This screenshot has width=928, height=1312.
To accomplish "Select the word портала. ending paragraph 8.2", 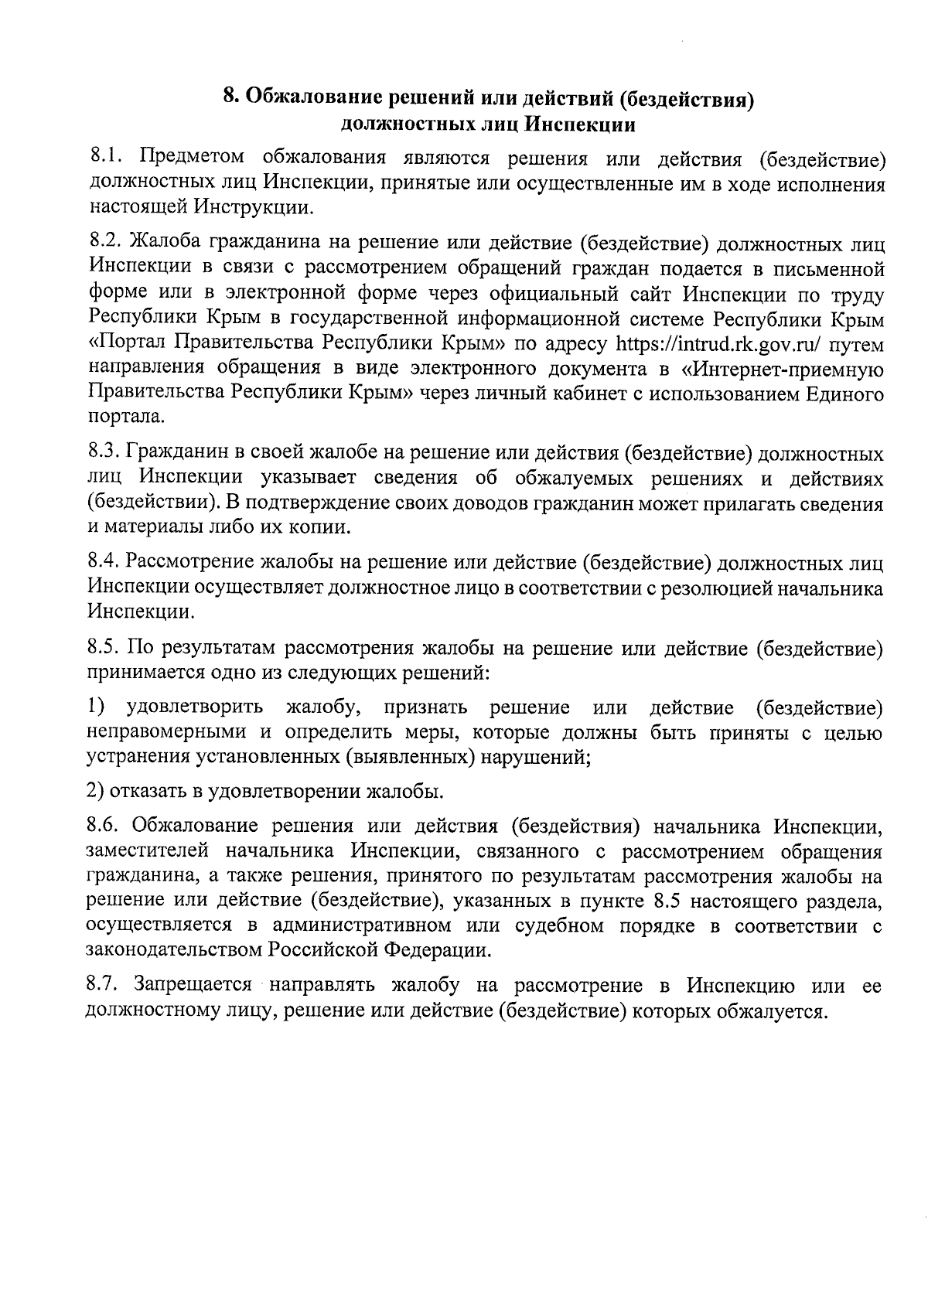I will pos(125,417).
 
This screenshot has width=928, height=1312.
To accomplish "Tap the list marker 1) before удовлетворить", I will pos(95,707).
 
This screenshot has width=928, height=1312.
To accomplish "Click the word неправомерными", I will pos(165,731).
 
